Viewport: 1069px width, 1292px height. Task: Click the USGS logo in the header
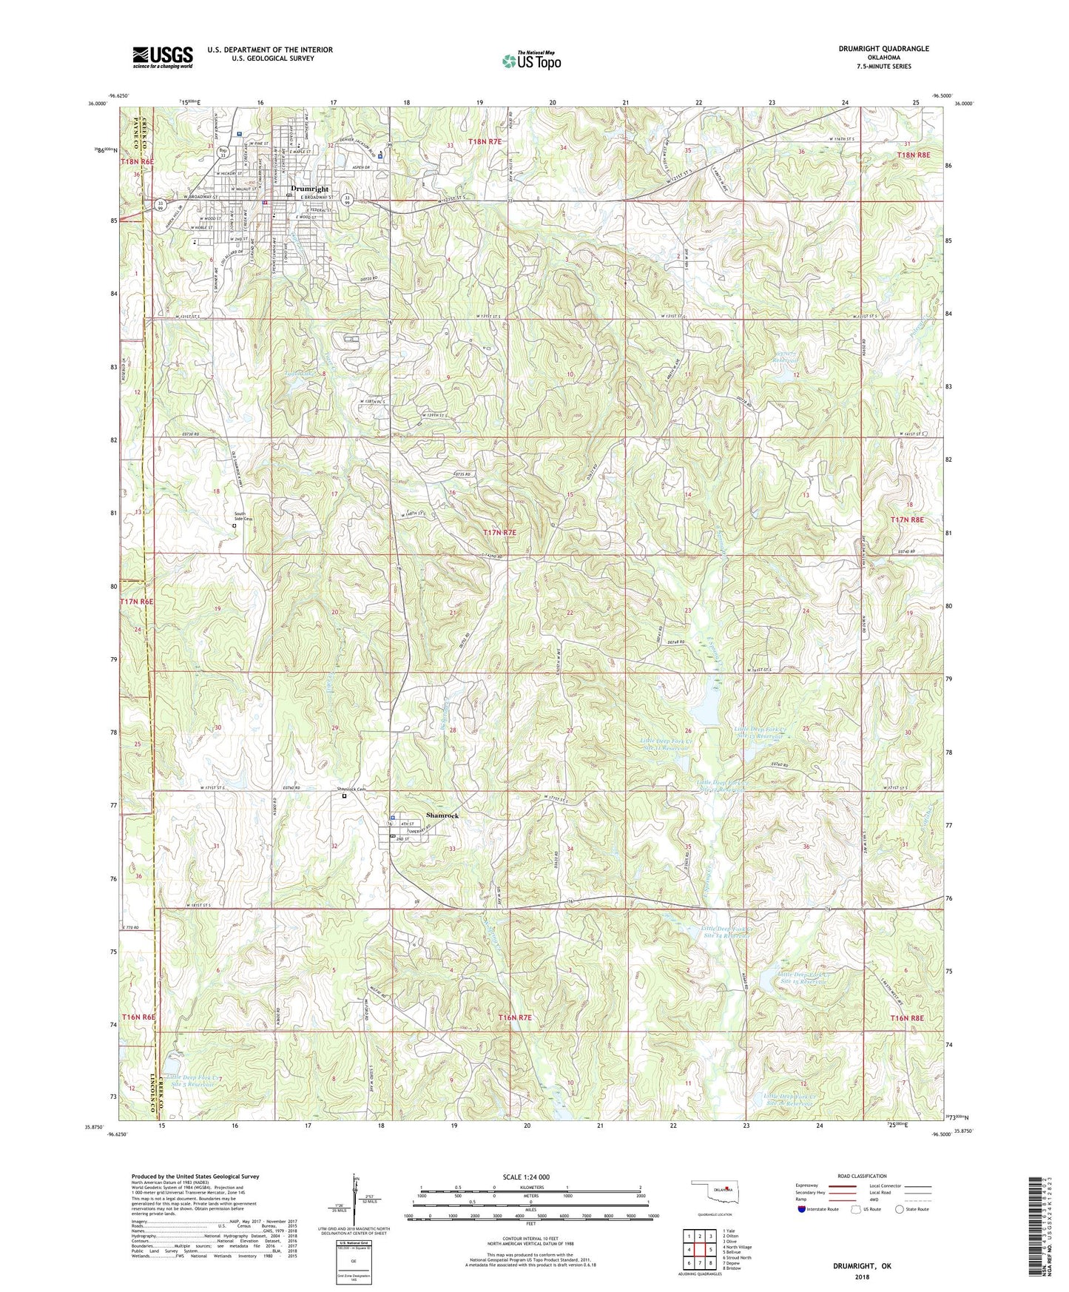(163, 57)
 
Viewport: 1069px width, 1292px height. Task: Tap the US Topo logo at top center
(531, 61)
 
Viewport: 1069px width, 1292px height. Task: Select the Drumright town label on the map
(309, 189)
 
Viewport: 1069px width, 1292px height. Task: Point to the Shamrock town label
(442, 815)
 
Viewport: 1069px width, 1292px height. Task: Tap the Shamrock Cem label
(348, 790)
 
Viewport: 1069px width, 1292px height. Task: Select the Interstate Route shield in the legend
(803, 1209)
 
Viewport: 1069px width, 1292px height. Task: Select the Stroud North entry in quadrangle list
(737, 1258)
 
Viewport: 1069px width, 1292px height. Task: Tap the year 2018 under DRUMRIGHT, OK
(862, 1277)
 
